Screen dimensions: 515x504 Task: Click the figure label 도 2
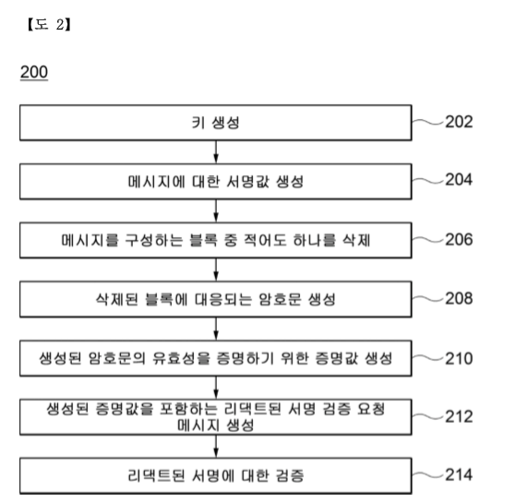tap(49, 24)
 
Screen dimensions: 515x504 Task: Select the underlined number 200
tap(34, 72)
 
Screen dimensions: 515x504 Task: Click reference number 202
tap(459, 122)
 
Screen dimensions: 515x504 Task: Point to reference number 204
tap(459, 180)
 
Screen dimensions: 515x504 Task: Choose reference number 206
tap(459, 239)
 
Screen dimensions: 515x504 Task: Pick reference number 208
tap(459, 298)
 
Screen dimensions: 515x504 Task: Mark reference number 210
tap(459, 358)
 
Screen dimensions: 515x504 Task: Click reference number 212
tap(459, 417)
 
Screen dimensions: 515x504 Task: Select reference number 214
tap(459, 474)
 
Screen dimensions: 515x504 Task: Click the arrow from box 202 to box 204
tap(216, 152)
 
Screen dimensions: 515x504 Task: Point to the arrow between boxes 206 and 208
tap(216, 270)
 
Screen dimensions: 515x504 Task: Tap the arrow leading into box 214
tap(216, 446)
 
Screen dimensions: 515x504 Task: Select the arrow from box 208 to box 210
tap(216, 329)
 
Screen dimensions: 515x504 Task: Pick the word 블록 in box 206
tap(204, 240)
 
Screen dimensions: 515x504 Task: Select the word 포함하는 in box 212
tap(188, 409)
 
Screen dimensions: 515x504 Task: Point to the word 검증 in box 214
tap(290, 475)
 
